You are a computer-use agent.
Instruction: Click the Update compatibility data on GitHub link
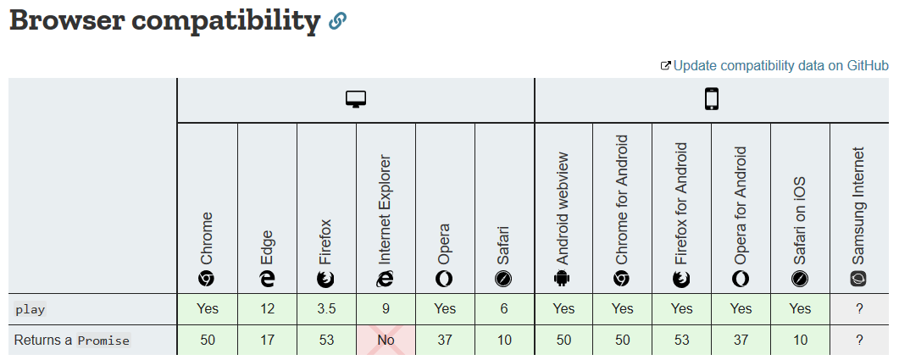point(780,65)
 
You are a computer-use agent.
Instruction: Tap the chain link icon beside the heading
point(338,22)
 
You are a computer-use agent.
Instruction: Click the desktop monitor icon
point(355,100)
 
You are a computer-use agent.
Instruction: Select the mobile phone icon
point(712,100)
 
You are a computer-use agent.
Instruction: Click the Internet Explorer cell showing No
point(386,340)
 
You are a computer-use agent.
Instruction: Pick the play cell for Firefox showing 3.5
point(326,309)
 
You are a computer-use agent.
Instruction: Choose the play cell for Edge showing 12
point(267,309)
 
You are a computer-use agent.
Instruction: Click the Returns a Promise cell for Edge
point(267,340)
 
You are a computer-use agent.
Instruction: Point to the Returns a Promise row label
point(72,341)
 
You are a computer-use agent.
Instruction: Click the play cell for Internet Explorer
point(386,309)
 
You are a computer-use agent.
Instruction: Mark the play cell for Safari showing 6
point(504,309)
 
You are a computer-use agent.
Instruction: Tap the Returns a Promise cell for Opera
point(445,340)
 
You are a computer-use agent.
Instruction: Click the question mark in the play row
point(859,309)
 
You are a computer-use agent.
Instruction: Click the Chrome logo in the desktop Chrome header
point(207,278)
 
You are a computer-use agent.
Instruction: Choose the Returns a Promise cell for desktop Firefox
point(326,340)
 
